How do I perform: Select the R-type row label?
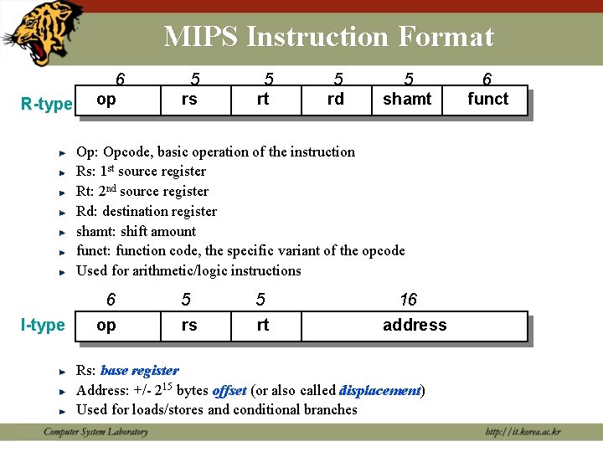click(47, 104)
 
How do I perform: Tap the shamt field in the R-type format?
click(407, 100)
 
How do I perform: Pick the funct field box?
click(487, 100)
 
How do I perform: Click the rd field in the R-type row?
click(335, 100)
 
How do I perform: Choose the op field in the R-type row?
click(106, 100)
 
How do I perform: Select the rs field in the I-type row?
click(190, 326)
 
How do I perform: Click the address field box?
click(415, 326)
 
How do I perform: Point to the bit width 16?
click(408, 300)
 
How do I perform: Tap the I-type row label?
click(43, 325)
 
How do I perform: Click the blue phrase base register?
click(139, 370)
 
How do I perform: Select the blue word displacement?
click(380, 390)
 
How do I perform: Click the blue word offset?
click(229, 390)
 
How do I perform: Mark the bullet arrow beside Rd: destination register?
click(63, 212)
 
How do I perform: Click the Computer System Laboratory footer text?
click(95, 432)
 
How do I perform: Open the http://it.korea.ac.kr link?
click(523, 432)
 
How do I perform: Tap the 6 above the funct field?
click(487, 80)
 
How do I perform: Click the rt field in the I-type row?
click(263, 326)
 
